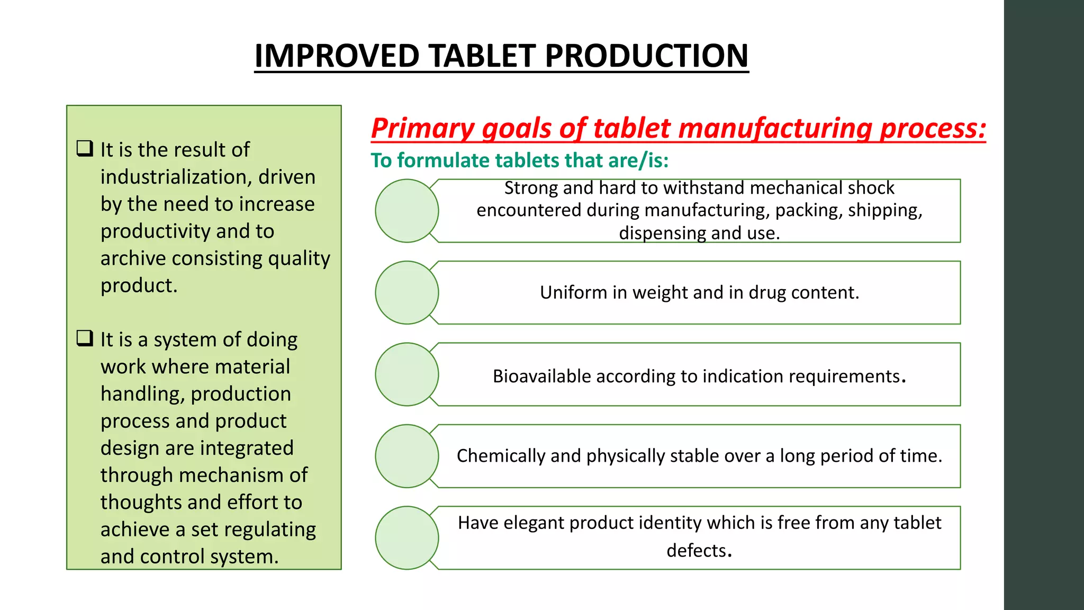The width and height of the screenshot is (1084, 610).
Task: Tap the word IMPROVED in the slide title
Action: tap(337, 56)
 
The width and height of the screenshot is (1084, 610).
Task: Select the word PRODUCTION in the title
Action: tap(646, 56)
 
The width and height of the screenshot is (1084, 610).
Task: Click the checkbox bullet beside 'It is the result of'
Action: tap(85, 148)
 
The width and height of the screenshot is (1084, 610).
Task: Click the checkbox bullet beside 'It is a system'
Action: tap(85, 338)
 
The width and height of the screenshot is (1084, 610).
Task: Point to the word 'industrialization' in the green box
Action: tap(176, 177)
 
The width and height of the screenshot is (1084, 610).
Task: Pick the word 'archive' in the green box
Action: tap(133, 258)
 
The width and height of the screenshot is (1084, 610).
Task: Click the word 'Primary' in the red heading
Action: tap(423, 128)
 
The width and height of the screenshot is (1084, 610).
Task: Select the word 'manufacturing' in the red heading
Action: tap(774, 128)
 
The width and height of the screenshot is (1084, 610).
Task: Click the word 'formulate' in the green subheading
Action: tap(447, 160)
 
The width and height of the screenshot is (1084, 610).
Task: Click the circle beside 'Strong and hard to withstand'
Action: tap(406, 211)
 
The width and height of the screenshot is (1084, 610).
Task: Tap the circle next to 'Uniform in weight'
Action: tap(406, 292)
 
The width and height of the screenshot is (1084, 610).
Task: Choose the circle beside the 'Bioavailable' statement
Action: tap(406, 374)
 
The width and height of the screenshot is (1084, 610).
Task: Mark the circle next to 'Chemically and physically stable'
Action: tap(406, 456)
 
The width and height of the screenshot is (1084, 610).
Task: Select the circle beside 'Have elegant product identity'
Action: tap(406, 538)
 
